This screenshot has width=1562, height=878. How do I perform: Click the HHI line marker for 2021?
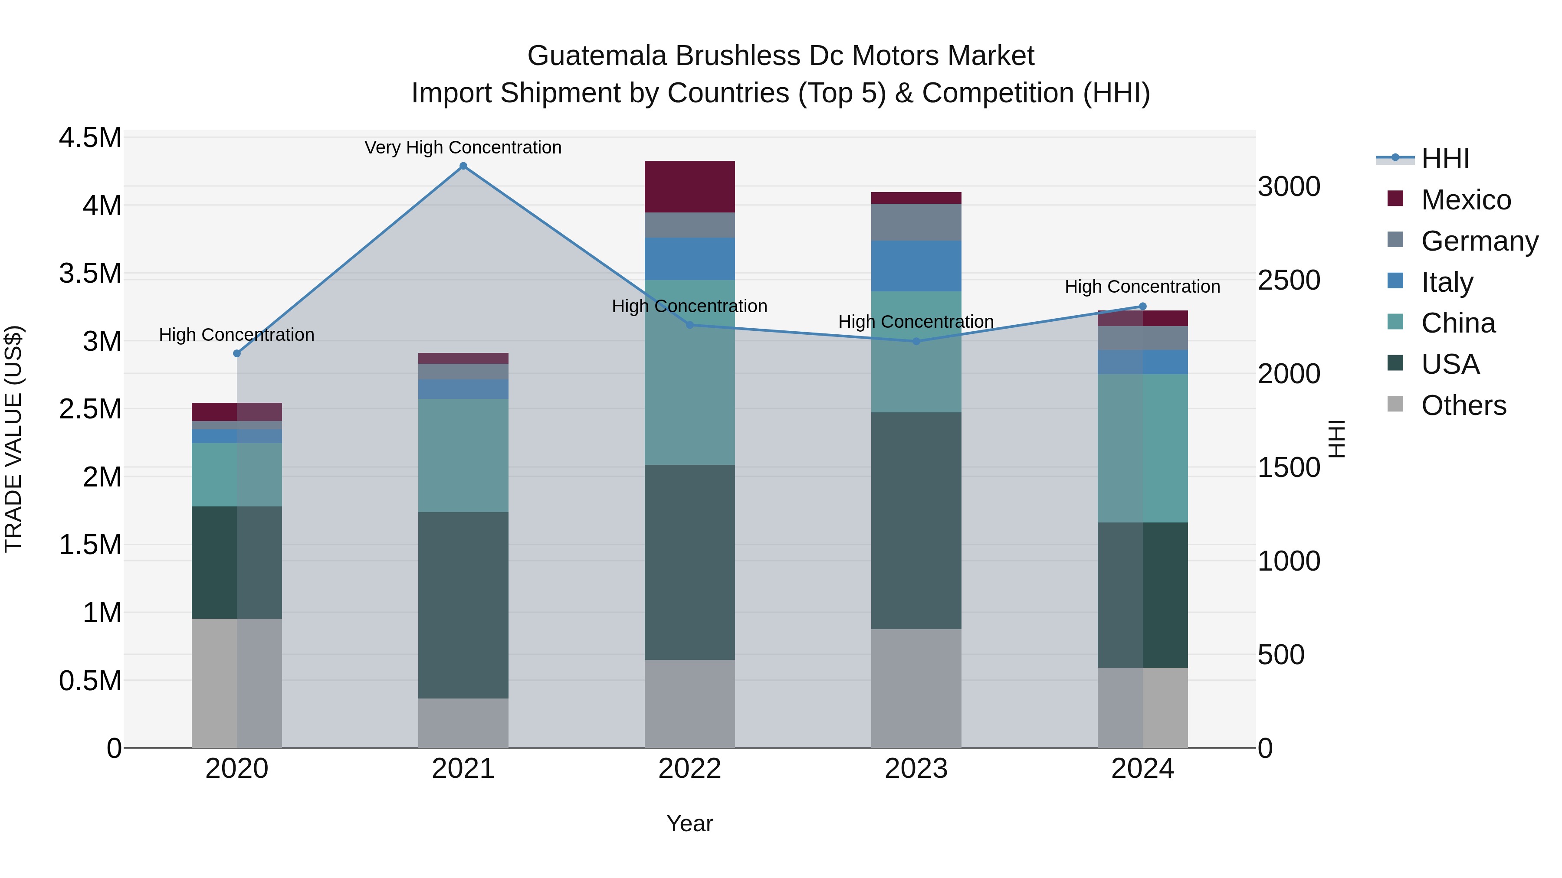(463, 166)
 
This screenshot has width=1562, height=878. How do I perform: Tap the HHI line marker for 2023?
(916, 341)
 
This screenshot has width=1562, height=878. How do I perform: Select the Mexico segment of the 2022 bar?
(689, 186)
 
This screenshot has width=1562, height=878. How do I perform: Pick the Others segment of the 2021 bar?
(463, 723)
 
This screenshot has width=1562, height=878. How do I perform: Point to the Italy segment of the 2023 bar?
(916, 266)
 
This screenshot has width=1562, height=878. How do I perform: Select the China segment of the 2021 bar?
(463, 455)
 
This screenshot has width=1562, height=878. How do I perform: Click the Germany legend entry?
(1479, 241)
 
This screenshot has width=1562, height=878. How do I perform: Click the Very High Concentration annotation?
(463, 147)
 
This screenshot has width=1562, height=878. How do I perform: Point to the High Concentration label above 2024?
(1142, 287)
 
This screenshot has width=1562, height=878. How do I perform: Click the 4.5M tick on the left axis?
(90, 137)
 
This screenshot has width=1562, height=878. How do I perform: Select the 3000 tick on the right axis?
(1289, 186)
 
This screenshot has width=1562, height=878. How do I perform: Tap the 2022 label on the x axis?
(689, 769)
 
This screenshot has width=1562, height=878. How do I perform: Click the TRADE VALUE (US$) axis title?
(13, 439)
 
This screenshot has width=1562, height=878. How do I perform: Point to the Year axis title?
(689, 823)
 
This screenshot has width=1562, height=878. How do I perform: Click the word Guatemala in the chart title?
(597, 56)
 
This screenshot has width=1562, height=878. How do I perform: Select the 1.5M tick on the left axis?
(90, 545)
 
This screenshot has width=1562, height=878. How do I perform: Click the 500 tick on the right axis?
(1281, 655)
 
